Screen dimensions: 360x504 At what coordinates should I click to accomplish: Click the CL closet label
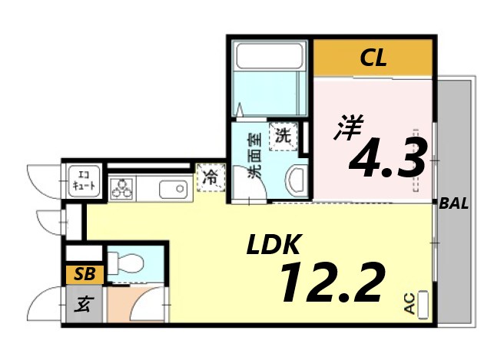tap(373, 57)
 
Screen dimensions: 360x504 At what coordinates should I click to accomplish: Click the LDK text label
tap(272, 246)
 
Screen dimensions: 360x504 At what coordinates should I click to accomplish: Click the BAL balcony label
tap(453, 204)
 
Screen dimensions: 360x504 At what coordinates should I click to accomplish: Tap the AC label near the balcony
tap(409, 305)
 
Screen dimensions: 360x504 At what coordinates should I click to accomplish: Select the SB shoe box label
tap(79, 272)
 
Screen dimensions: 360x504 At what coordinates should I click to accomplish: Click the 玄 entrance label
tap(80, 305)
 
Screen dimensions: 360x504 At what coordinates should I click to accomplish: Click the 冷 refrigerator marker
tap(210, 177)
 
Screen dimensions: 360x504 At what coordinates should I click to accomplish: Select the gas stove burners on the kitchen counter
tap(121, 187)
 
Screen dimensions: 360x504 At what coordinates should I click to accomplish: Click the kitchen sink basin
tap(170, 187)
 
